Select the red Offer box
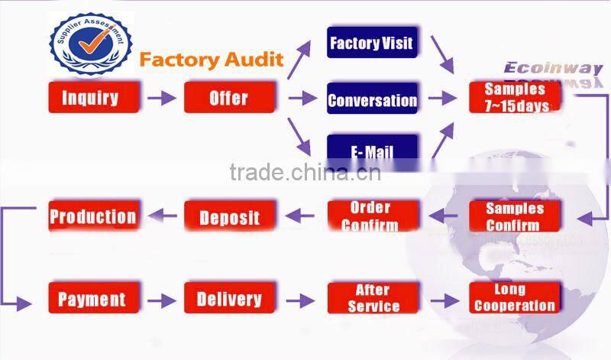pos(228,98)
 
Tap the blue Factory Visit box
pos(372,44)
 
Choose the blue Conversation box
pos(372,100)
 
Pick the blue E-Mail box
pos(372,150)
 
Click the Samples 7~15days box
pos(515,98)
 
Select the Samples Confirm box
pos(515,217)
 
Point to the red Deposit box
pos(229,217)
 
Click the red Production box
pos(93,216)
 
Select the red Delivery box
pos(229,299)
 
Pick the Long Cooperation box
pos(515,298)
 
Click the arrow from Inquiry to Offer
pos(161,99)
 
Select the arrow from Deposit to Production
pos(161,217)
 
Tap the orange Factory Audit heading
pos(212,59)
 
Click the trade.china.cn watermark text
pos(305,172)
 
